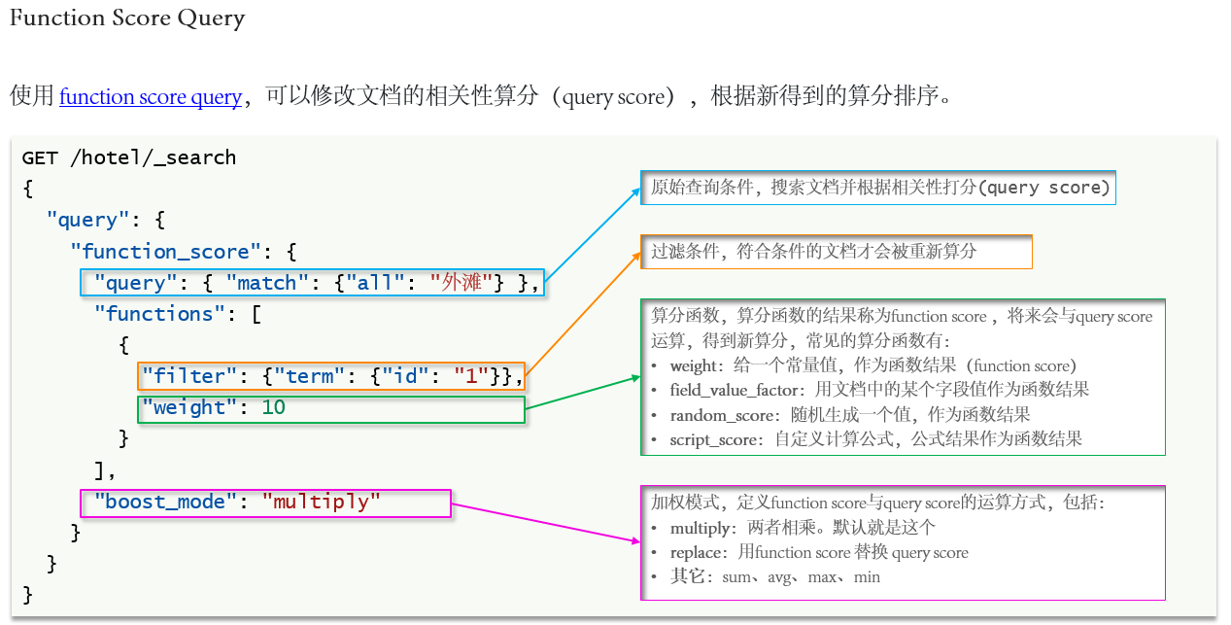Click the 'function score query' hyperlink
pos(151,97)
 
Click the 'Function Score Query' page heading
pos(127,18)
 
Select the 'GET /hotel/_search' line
pos(129,157)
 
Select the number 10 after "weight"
pos(274,407)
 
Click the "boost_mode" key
pos(165,503)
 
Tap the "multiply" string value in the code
pos(322,503)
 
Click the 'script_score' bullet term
pos(714,439)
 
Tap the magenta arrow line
pos(544,523)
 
